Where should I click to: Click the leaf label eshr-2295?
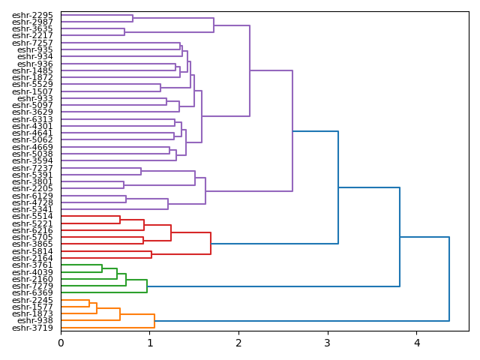click(32, 15)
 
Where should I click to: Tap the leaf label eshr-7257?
click(32, 43)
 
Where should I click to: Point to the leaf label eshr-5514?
click(32, 217)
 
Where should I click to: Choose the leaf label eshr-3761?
click(32, 265)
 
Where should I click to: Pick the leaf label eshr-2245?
click(32, 300)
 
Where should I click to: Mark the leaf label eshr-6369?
click(32, 292)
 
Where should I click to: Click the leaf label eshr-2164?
click(32, 258)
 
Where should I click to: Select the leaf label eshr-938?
click(35, 321)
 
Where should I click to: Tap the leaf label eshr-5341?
click(32, 209)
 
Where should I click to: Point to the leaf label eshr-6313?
click(32, 119)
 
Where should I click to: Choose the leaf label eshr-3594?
click(32, 160)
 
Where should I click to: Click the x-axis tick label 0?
click(61, 343)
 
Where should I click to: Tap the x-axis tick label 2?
click(238, 343)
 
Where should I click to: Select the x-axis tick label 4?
click(417, 343)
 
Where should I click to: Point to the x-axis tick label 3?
click(328, 343)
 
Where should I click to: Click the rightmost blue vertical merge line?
click(449, 279)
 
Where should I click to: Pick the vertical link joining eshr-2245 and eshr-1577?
click(89, 304)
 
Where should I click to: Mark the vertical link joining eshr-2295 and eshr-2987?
click(133, 19)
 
